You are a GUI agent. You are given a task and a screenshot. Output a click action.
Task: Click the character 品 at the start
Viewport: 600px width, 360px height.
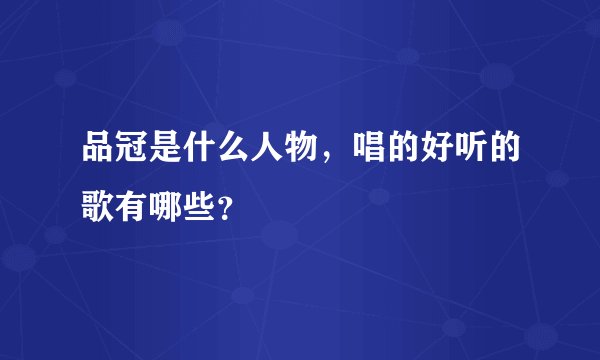[x=101, y=153]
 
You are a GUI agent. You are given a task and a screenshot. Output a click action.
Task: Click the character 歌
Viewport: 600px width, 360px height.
[x=101, y=207]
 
